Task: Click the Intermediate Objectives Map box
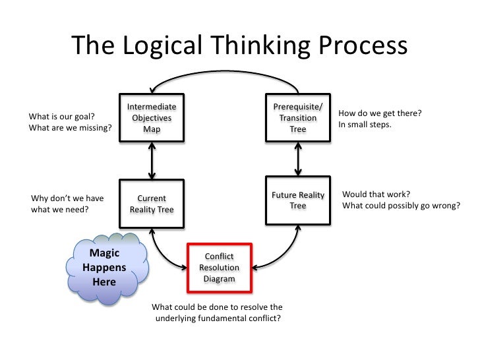tap(152, 118)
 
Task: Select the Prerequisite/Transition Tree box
tap(298, 118)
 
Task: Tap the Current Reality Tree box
tap(152, 204)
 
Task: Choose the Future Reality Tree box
tap(298, 200)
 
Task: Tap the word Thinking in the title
tap(264, 45)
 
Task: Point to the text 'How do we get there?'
tap(379, 113)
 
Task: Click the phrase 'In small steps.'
tap(365, 124)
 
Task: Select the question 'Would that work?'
tap(376, 195)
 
